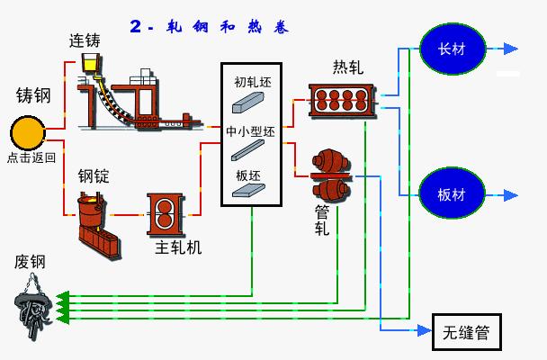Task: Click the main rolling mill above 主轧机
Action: (167, 213)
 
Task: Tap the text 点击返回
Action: (31, 157)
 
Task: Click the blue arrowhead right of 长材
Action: (510, 48)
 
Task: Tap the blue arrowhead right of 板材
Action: (510, 194)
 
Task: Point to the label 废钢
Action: (30, 262)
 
